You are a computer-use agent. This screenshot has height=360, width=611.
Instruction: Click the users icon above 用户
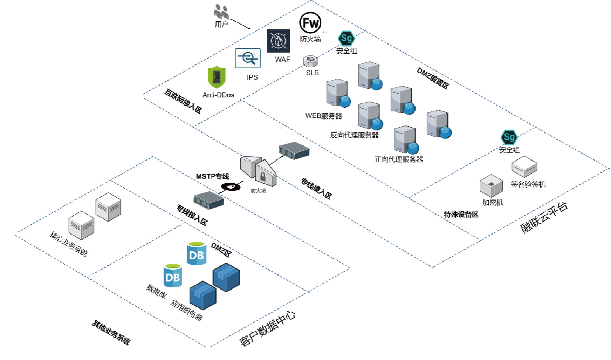point(221,12)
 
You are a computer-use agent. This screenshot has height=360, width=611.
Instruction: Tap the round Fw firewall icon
point(310,23)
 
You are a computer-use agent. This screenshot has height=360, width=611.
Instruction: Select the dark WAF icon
point(279,41)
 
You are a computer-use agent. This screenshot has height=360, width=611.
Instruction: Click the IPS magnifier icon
point(248,58)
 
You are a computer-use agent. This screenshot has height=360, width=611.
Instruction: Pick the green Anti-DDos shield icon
point(217,77)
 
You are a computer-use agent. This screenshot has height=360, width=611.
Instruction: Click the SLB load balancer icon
point(310,61)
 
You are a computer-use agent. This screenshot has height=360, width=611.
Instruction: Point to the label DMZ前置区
point(433,78)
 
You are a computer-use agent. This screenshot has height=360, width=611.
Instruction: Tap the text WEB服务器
point(323,116)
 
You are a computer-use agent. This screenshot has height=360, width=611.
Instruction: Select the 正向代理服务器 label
point(399,159)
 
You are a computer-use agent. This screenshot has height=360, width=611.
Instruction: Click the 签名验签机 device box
point(524,167)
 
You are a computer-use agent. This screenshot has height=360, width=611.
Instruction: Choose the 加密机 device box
point(491,185)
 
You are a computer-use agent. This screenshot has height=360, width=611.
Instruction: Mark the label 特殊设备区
point(461,215)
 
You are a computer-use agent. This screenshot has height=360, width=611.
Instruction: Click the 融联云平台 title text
point(544,218)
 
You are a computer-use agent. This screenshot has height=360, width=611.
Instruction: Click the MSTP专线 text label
point(212,176)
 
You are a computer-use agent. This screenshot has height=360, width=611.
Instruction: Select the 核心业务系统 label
point(69,244)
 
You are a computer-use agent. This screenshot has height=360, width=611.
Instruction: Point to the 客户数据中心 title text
point(267,328)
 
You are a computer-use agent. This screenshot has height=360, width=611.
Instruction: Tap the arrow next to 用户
point(241,24)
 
